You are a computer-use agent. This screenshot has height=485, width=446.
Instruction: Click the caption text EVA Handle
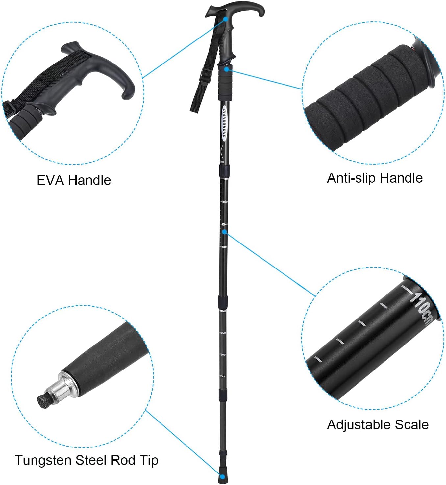(74, 180)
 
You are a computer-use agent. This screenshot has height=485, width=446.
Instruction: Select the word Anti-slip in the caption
(351, 178)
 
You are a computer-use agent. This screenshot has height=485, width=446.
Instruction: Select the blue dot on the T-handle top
(226, 19)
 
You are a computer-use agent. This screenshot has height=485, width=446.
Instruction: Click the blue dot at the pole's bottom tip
(222, 476)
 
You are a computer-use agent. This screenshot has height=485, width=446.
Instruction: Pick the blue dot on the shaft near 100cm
(224, 232)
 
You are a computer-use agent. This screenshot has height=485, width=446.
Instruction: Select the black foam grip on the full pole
(226, 84)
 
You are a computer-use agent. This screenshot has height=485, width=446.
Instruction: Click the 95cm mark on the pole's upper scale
(224, 247)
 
